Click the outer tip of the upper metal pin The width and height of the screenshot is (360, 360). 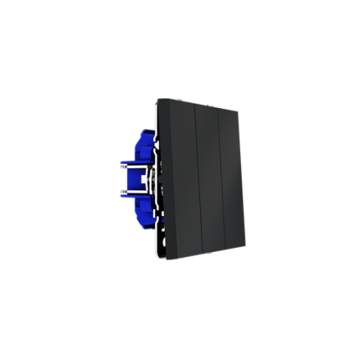coord(120,166)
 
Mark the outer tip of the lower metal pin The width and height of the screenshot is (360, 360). coord(120,192)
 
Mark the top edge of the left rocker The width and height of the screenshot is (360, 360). coord(177,100)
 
